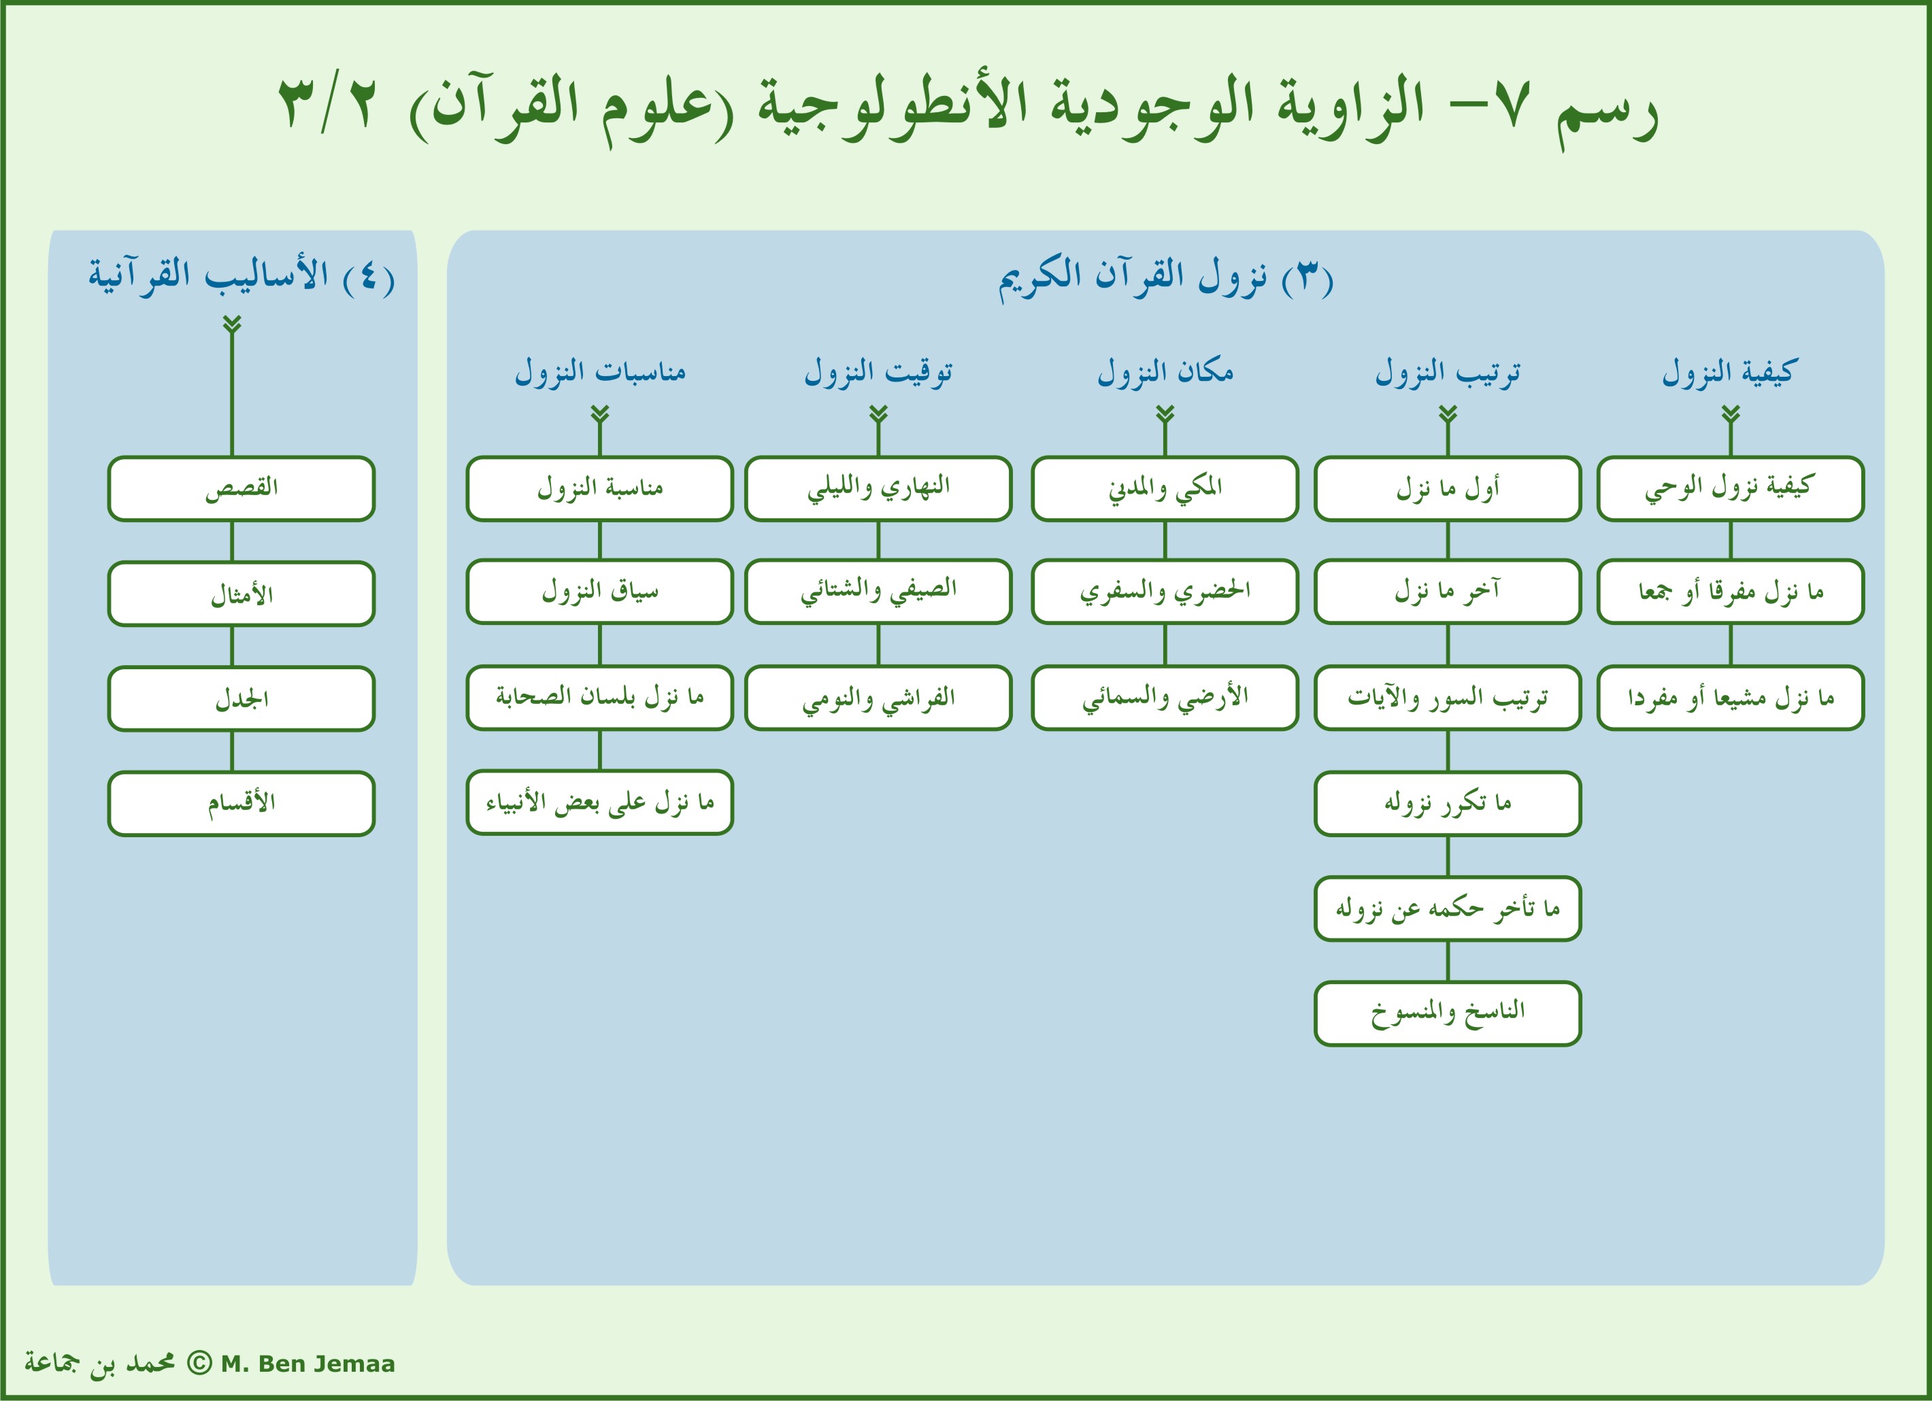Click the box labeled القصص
tap(241, 489)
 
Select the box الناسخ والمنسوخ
tap(1447, 1013)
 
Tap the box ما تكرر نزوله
tap(1447, 803)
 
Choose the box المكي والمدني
tap(1165, 489)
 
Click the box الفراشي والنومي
tap(878, 698)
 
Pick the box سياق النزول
tap(600, 592)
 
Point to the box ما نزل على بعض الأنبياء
tap(600, 803)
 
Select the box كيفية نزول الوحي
tap(1730, 489)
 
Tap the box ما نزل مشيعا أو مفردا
tap(1730, 698)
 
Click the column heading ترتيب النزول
tap(1447, 372)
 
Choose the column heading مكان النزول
tap(1165, 372)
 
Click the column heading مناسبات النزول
tap(600, 372)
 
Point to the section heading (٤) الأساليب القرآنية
tap(241, 276)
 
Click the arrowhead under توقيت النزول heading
tap(878, 415)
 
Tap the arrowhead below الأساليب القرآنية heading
tap(232, 325)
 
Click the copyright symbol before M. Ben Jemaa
tap(199, 1363)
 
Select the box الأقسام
tap(241, 803)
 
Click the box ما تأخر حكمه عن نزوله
tap(1447, 909)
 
